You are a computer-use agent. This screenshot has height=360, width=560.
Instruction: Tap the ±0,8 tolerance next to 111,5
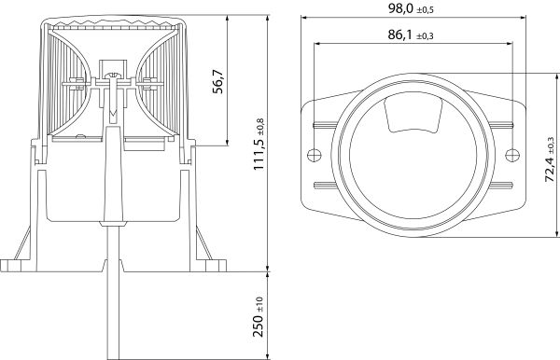(260, 124)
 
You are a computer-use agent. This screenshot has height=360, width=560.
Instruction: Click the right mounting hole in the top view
(510, 154)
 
